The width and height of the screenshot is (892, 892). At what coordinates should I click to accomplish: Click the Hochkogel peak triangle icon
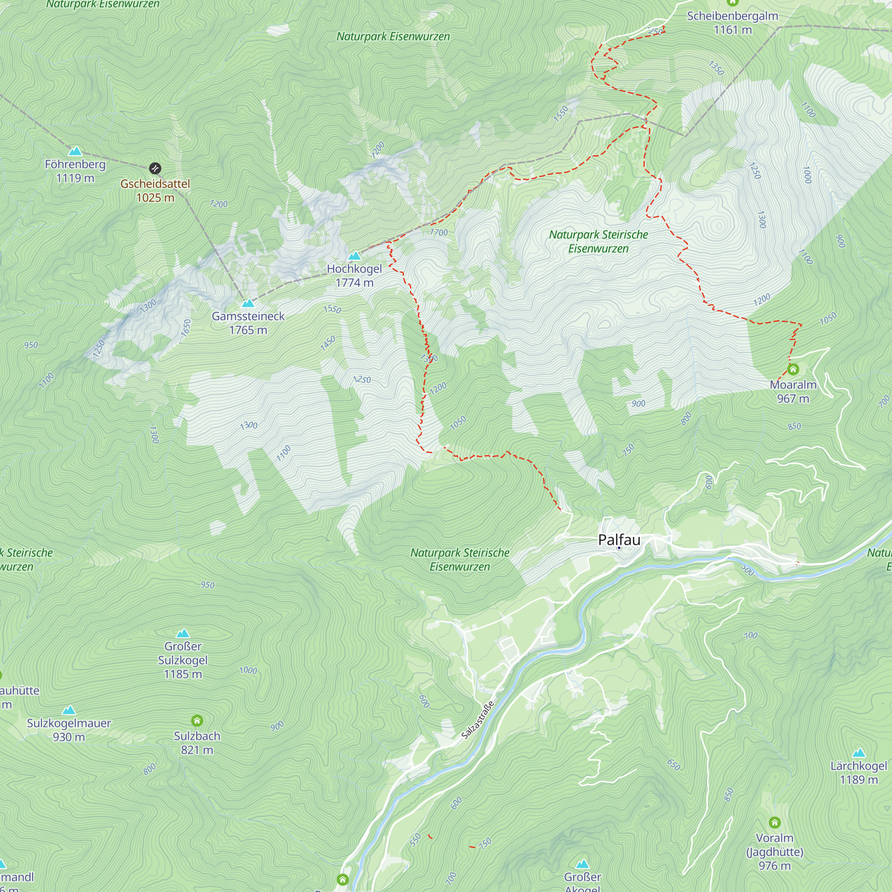(x=355, y=256)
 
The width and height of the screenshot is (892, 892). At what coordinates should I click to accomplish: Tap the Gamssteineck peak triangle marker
(x=248, y=303)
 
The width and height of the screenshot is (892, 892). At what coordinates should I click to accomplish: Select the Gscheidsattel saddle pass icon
(x=155, y=168)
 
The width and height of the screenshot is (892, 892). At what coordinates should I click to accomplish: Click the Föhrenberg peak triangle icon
(x=75, y=151)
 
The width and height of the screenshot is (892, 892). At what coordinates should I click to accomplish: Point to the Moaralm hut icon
(x=793, y=369)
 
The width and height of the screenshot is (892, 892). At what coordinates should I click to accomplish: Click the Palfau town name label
(x=619, y=539)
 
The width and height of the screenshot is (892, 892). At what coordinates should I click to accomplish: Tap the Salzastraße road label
(x=478, y=720)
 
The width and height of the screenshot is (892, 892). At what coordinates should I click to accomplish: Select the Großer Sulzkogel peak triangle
(x=183, y=633)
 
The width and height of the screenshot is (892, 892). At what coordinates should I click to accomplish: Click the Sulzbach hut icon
(x=197, y=720)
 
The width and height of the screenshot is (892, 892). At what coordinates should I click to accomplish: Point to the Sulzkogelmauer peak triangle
(x=69, y=710)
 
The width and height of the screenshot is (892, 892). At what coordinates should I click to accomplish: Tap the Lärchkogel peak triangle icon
(x=859, y=753)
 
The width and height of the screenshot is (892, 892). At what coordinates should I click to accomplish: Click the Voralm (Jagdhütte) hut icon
(x=775, y=822)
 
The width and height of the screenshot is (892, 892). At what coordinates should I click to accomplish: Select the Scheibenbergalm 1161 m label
(x=733, y=23)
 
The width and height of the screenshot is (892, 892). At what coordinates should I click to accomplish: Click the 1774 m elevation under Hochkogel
(x=355, y=283)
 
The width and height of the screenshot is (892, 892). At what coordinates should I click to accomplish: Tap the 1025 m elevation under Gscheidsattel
(x=155, y=198)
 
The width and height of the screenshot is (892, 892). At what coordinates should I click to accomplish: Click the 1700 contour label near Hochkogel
(x=438, y=232)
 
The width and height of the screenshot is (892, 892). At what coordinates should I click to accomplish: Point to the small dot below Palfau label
(x=619, y=548)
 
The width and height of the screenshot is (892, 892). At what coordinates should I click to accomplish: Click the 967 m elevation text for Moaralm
(x=793, y=398)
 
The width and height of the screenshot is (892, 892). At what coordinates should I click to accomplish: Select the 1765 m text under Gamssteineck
(x=248, y=330)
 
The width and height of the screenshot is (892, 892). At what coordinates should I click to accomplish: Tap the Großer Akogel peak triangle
(x=582, y=864)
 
